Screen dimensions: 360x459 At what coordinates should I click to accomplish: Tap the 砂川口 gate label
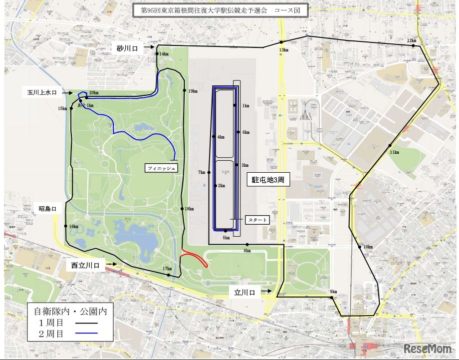127,48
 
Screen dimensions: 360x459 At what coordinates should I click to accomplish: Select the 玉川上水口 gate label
42,92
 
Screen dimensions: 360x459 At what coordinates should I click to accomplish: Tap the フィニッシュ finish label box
161,168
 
